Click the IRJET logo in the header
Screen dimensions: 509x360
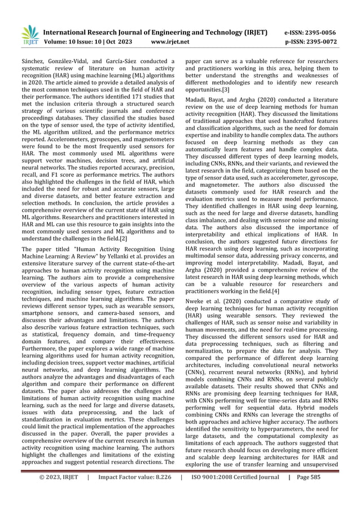pos(29,37)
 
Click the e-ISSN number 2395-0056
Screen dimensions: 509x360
pos(324,33)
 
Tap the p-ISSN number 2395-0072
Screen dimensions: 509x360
pos(324,42)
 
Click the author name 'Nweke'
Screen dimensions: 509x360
pos(197,301)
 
